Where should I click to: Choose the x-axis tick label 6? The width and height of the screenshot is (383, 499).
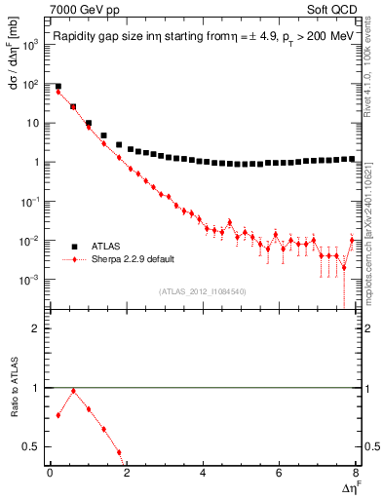280,472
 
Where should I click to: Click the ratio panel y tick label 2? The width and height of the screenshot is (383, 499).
36,328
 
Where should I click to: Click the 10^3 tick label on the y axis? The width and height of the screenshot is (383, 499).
31,45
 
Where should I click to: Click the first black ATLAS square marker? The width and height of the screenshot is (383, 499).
57,87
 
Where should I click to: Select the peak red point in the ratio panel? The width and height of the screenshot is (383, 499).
73,392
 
